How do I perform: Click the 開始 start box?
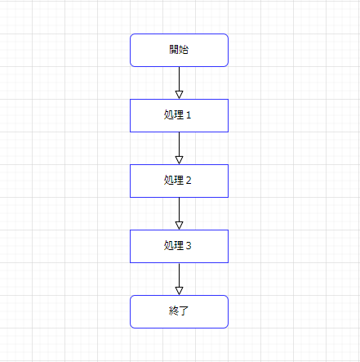pos(179,51)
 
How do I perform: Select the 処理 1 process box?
pos(179,116)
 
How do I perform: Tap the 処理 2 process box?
pos(179,181)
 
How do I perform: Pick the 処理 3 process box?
pos(179,247)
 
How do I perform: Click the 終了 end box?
pos(179,312)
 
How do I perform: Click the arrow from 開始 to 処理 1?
pos(179,83)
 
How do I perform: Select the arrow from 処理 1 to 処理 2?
pos(179,148)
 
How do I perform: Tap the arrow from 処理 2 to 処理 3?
pos(179,213)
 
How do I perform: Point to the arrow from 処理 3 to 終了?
pos(179,279)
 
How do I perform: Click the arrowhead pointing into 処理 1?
pos(179,95)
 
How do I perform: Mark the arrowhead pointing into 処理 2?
pos(179,160)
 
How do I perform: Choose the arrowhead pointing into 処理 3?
pos(179,226)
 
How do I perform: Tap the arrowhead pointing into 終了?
pos(179,291)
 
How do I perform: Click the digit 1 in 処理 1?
pos(189,115)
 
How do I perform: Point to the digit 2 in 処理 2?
pos(189,181)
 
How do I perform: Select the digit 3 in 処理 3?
pos(189,246)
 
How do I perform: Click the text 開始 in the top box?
pos(179,50)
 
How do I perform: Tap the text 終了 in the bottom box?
pos(179,311)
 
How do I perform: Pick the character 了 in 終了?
pos(184,311)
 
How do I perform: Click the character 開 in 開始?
pos(174,50)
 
